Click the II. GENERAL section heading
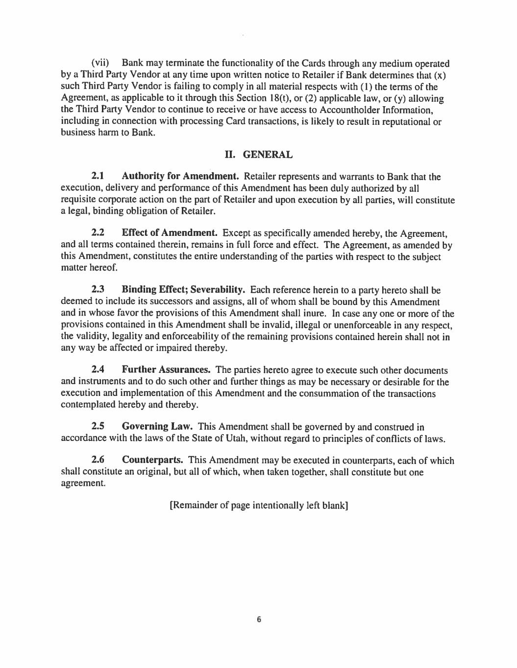click(258, 155)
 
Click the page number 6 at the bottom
click(259, 620)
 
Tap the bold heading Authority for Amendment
click(180, 176)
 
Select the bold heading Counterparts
click(152, 461)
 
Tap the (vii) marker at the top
click(100, 64)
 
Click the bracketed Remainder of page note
click(258, 506)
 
